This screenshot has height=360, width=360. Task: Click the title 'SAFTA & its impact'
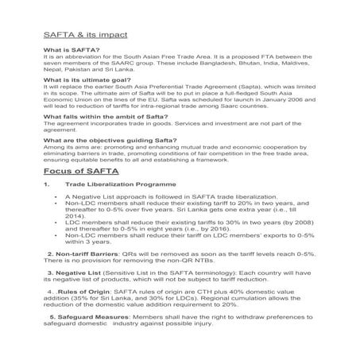pos(83,36)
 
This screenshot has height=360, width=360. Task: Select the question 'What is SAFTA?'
pos(71,49)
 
